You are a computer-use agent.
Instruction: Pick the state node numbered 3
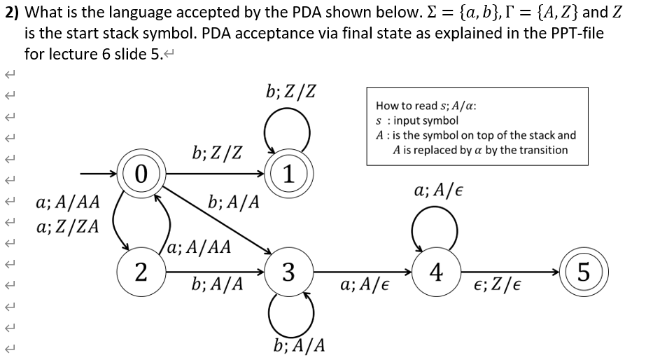(x=288, y=270)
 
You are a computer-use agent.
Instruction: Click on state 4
(x=437, y=270)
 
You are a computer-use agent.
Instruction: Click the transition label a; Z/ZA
(x=67, y=227)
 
